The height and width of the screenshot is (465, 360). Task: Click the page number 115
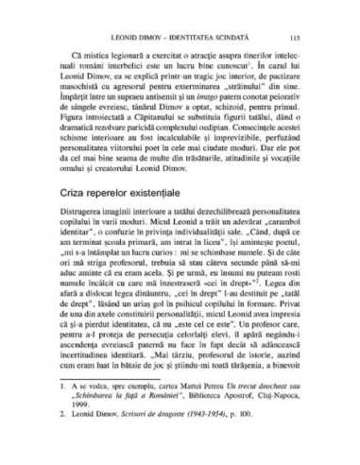click(296, 37)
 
